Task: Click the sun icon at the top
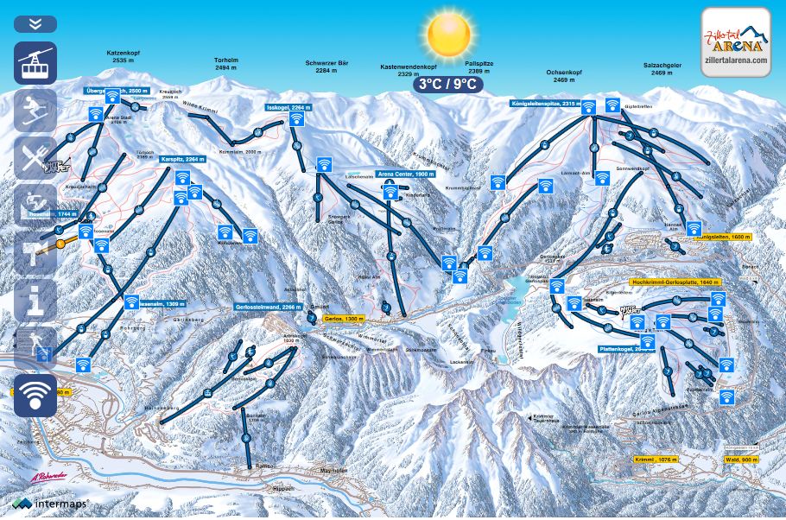point(448,35)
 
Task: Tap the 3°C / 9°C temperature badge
point(447,84)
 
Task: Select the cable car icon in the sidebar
point(35,63)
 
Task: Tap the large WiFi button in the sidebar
point(35,395)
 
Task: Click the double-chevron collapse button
point(35,23)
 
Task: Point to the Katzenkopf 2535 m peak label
point(124,57)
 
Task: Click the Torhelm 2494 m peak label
point(226,63)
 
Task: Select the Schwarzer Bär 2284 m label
point(326,67)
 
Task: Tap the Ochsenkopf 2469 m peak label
point(561,76)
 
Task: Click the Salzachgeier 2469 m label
point(662,69)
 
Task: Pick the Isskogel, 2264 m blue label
point(288,107)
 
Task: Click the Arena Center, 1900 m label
point(406,174)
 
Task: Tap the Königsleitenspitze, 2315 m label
point(543,103)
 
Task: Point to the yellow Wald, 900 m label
point(742,460)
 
